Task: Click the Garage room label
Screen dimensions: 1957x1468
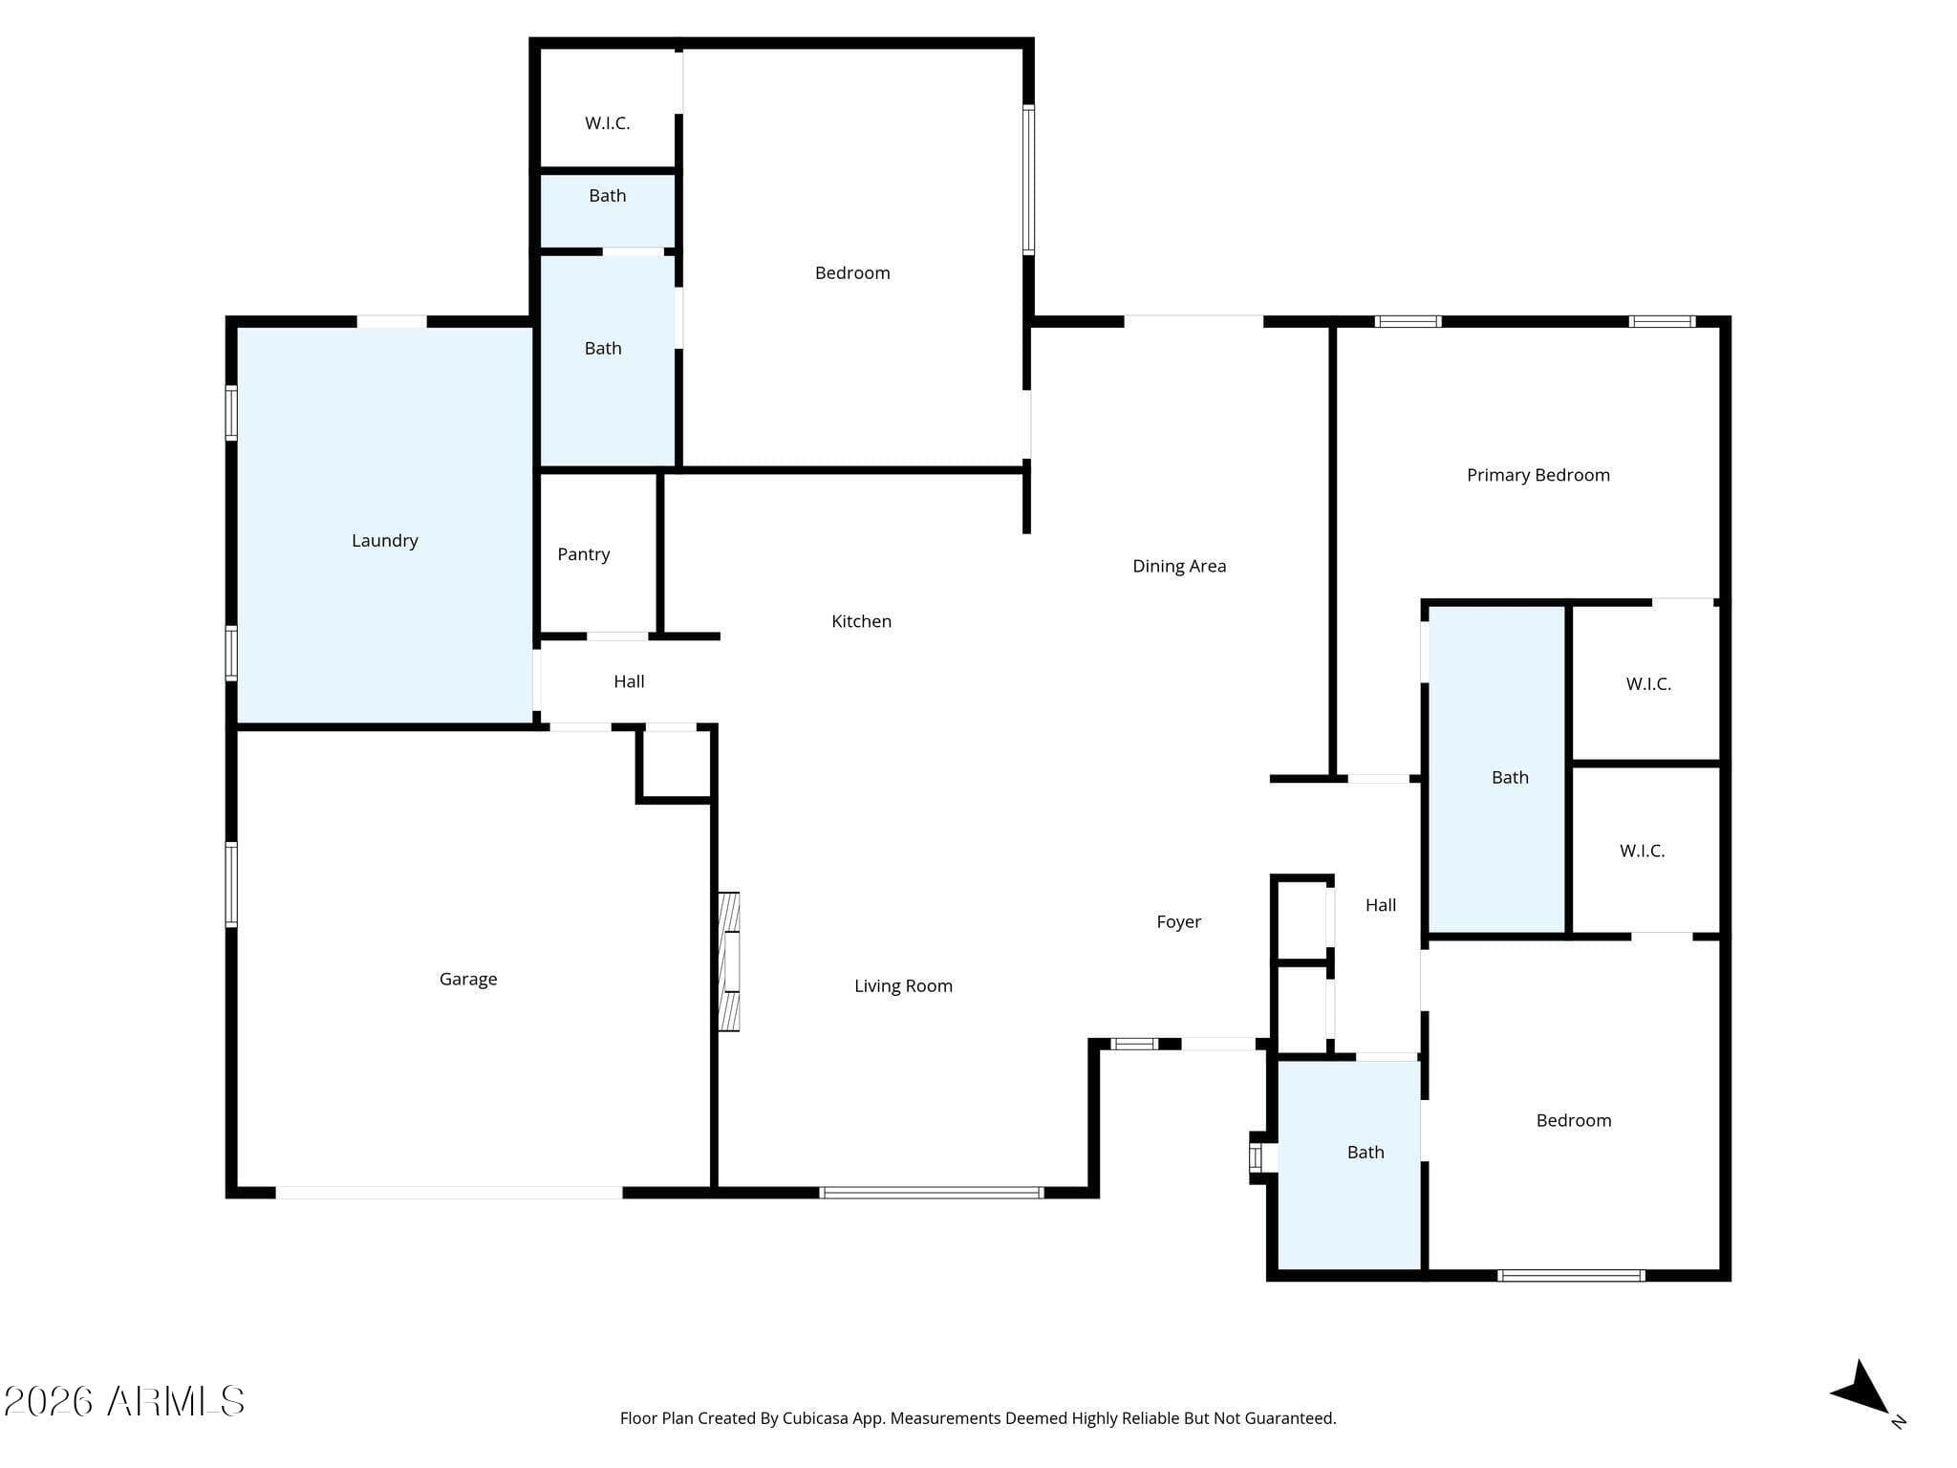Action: pos(468,979)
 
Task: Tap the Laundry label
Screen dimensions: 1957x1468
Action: pos(385,541)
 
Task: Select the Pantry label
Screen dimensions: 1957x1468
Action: pos(584,554)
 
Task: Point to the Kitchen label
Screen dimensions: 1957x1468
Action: pos(861,621)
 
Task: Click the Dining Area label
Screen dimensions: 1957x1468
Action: pos(1179,567)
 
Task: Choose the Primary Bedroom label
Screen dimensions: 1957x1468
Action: pos(1538,475)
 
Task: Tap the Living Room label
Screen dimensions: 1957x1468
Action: pos(903,986)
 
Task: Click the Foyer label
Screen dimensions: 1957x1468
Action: pos(1178,922)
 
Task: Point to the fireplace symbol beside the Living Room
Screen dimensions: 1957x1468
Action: pos(729,961)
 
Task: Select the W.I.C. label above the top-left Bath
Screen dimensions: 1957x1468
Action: pos(607,123)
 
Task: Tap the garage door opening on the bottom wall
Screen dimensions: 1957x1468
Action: pos(449,1193)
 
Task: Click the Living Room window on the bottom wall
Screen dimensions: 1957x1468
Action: pos(932,1193)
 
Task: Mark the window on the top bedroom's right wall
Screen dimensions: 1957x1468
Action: pos(1029,180)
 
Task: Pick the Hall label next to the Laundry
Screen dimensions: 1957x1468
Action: pos(629,681)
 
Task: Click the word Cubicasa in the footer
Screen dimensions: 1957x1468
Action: pos(816,1419)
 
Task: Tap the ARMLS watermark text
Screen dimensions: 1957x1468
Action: pos(124,1402)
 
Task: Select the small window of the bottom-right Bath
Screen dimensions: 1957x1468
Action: pos(1256,1157)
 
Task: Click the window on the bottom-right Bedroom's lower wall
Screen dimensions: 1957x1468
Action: pos(1571,1276)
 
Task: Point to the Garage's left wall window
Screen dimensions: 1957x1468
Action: pos(231,884)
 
